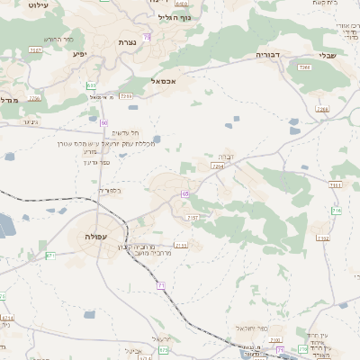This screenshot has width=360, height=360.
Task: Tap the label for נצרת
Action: tap(127, 42)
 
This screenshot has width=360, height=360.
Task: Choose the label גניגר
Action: tap(30, 122)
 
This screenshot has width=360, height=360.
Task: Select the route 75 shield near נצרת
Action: tap(147, 36)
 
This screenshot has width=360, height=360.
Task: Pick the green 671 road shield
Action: tap(50, 256)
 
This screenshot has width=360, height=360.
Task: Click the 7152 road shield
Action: tap(322, 238)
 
